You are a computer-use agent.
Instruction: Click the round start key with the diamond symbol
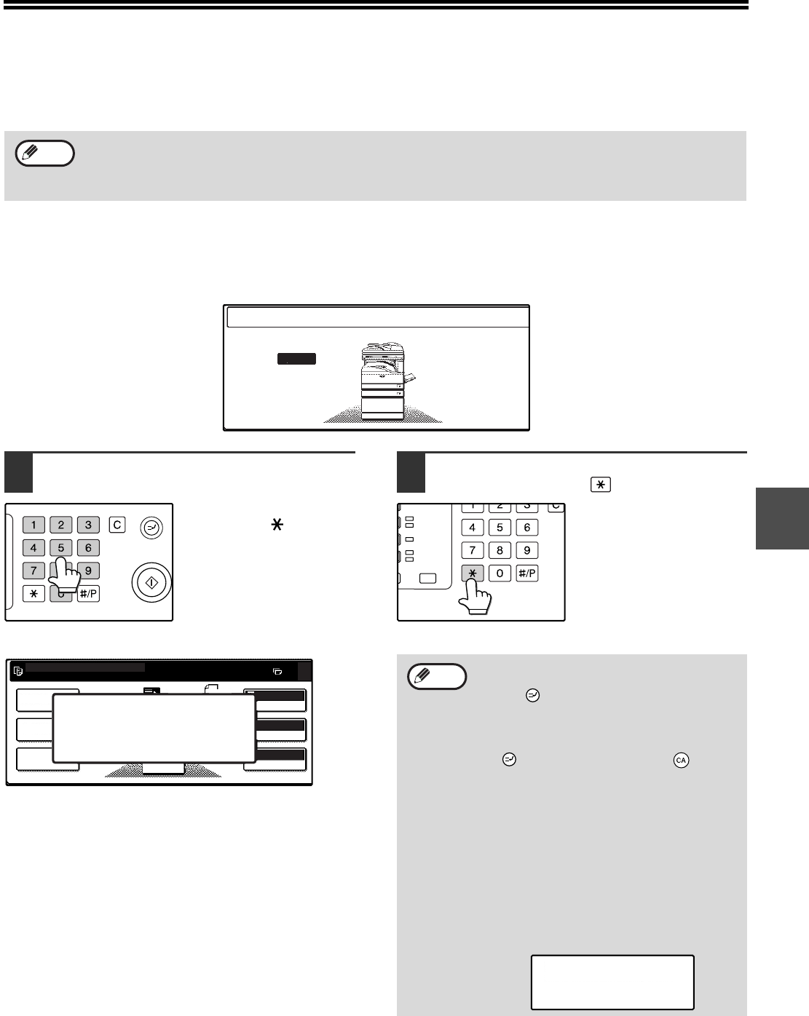(151, 582)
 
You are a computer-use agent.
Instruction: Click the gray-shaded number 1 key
(33, 525)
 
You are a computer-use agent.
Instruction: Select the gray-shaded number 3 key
(88, 525)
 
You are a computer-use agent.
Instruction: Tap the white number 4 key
(472, 528)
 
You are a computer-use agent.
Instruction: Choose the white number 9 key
(527, 550)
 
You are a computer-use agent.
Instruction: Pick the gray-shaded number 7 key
(33, 571)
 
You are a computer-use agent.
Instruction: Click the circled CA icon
(681, 760)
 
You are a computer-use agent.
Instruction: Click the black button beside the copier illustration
(296, 359)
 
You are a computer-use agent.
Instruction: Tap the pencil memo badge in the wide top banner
(45, 153)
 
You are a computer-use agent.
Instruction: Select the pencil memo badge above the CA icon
(437, 677)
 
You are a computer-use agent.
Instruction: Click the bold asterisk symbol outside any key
(277, 525)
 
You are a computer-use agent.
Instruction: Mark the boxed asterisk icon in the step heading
(601, 485)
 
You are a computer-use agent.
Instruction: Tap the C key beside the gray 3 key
(117, 525)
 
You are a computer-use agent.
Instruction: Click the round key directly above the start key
(151, 528)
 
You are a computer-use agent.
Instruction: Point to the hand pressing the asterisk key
(475, 597)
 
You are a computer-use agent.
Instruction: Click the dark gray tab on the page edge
(782, 518)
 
